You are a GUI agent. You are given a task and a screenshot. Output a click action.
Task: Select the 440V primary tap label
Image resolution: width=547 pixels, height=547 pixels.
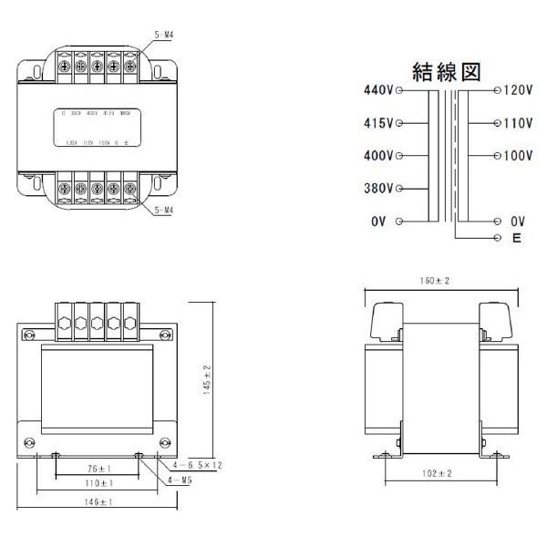(377, 91)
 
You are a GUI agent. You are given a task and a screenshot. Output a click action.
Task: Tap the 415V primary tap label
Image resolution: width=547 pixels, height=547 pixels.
(377, 123)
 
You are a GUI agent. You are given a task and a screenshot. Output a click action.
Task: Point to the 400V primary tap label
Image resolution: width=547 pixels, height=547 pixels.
(377, 156)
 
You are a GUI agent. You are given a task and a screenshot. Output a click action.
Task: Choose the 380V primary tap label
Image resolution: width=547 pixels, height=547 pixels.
(377, 189)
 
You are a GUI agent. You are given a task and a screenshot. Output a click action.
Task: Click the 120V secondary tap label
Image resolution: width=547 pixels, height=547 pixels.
(517, 91)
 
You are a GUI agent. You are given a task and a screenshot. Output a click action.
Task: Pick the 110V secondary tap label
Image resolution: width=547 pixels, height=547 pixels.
(517, 123)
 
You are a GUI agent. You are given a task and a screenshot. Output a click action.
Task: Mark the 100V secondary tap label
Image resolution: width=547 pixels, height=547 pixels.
(517, 156)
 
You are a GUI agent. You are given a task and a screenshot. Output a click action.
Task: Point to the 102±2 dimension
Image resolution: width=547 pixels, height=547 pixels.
(437, 474)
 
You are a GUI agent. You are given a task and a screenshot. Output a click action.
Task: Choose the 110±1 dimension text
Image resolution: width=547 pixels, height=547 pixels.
(97, 484)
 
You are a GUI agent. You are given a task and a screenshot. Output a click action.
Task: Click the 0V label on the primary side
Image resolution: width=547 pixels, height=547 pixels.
(379, 222)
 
